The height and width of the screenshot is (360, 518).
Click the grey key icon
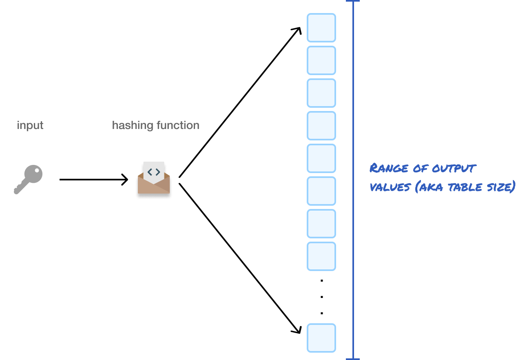click(x=28, y=179)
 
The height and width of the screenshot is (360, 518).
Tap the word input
click(x=30, y=126)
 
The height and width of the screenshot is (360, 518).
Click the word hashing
click(x=133, y=126)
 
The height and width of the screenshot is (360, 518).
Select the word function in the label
click(x=178, y=125)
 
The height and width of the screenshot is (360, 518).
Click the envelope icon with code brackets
click(x=154, y=178)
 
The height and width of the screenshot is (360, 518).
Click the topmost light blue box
click(x=321, y=28)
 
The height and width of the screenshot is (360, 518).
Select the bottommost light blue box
click(x=321, y=338)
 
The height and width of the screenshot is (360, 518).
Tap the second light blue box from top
click(x=321, y=60)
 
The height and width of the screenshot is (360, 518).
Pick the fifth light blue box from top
click(x=321, y=158)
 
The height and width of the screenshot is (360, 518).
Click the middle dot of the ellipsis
click(x=322, y=297)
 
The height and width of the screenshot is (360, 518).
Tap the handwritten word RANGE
click(x=389, y=168)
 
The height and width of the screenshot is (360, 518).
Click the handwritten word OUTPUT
click(x=454, y=168)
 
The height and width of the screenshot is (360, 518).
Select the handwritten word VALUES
click(x=390, y=187)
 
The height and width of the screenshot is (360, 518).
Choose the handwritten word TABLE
click(x=465, y=187)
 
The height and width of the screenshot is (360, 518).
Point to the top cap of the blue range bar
click(x=353, y=1)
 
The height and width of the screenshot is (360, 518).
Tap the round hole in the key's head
click(x=37, y=171)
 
